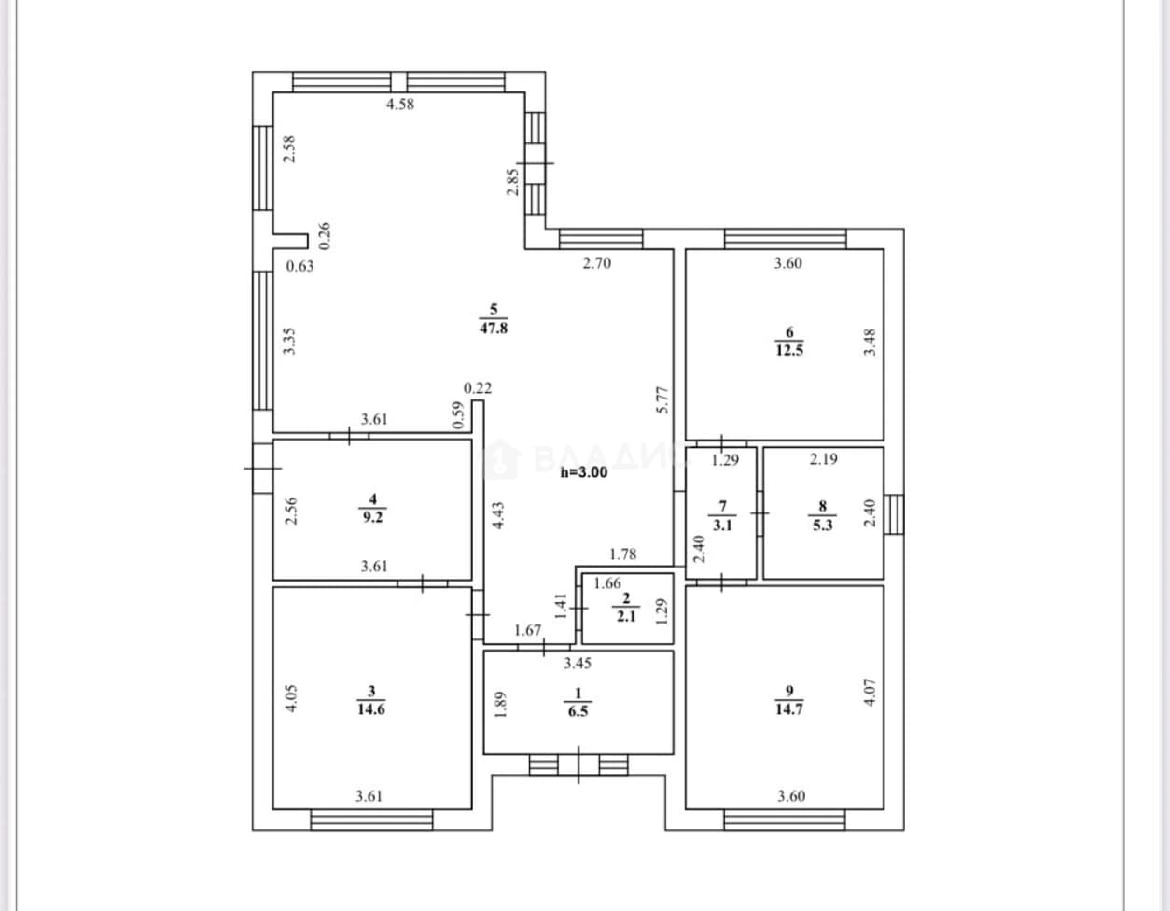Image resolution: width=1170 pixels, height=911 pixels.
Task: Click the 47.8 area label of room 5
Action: click(494, 328)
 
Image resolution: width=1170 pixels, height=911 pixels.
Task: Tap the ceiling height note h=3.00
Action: click(584, 472)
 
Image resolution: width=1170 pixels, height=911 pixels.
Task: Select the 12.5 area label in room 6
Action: click(789, 351)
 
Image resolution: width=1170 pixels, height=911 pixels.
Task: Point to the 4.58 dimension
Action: click(400, 104)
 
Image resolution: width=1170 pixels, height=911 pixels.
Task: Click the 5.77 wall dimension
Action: click(662, 400)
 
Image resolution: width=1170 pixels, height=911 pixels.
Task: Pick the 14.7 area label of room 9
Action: click(789, 709)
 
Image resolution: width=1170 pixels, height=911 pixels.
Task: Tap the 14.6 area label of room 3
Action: click(371, 709)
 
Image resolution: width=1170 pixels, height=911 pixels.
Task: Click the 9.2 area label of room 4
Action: click(372, 517)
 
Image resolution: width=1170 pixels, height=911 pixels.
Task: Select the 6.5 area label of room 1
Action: click(578, 711)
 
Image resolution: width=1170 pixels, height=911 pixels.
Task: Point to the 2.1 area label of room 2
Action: click(626, 616)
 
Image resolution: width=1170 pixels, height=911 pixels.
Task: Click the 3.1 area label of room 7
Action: click(722, 525)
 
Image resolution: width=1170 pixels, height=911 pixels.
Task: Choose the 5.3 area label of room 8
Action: click(823, 525)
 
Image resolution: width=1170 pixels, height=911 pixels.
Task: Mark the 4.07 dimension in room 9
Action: click(870, 693)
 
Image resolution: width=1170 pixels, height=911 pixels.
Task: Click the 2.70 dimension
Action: click(597, 263)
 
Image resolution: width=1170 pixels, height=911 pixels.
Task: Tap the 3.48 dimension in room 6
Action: click(870, 343)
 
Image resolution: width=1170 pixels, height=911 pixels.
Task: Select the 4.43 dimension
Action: click(498, 515)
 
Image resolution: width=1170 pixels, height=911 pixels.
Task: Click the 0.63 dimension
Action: click(299, 266)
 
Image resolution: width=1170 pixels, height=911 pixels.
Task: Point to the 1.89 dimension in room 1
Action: click(501, 705)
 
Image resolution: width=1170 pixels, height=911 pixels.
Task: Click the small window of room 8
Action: click(894, 514)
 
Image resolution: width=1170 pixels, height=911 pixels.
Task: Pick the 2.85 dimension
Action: click(512, 182)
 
